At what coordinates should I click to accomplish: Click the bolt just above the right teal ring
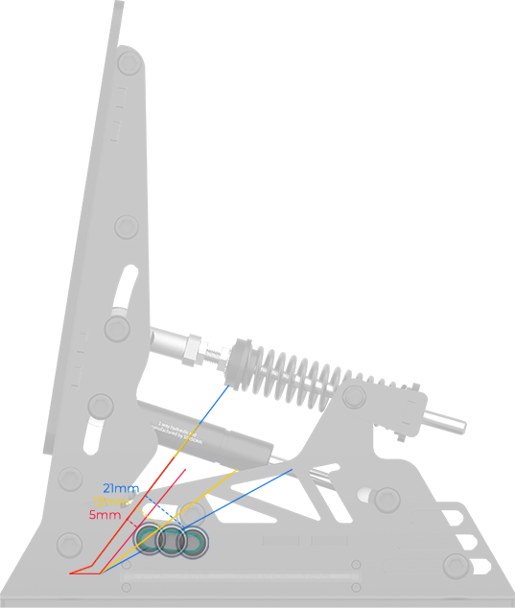pos(193,514)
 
